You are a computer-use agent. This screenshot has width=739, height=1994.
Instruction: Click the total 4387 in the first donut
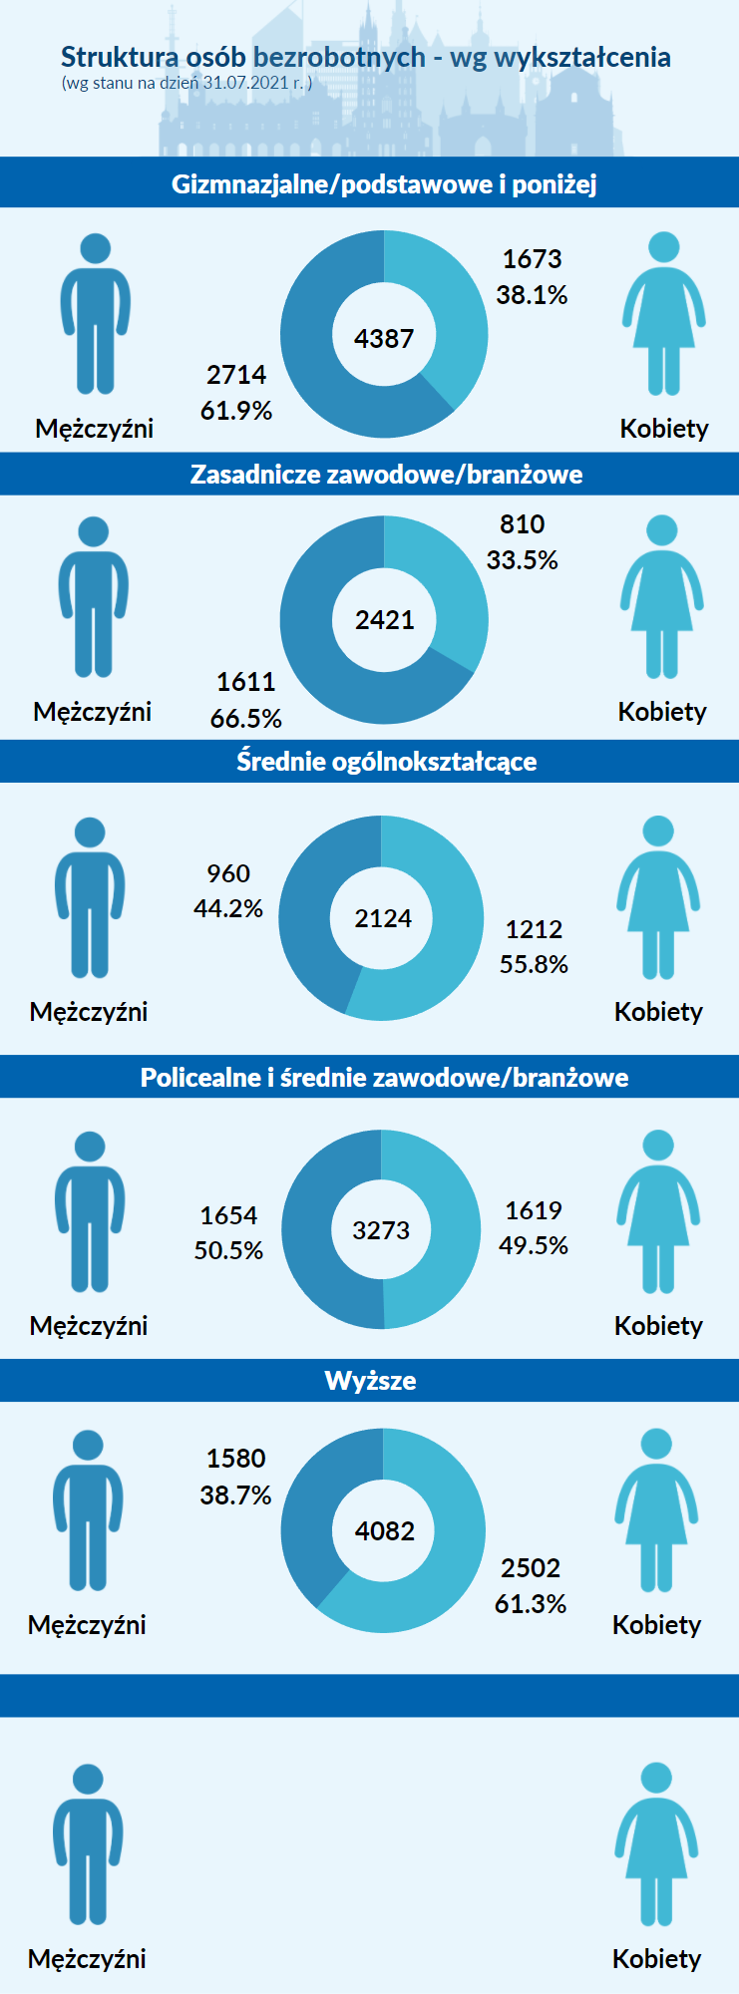tap(384, 338)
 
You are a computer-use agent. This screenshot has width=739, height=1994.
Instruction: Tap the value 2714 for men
tap(236, 375)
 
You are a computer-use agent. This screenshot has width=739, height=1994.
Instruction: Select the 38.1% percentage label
tap(532, 295)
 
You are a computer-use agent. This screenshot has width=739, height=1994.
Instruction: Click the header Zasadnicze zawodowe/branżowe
tap(386, 475)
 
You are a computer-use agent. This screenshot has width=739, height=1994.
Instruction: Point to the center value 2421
tap(385, 620)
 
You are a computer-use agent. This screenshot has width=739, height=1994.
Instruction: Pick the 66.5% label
tap(245, 718)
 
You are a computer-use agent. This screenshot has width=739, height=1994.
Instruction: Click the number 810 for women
tap(522, 524)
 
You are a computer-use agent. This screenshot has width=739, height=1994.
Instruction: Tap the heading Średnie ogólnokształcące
tap(386, 762)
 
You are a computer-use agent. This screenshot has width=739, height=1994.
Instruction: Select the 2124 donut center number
tap(383, 918)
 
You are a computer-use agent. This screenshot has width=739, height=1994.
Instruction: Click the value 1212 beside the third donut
tap(534, 929)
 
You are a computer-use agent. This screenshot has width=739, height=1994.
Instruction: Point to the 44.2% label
tap(228, 908)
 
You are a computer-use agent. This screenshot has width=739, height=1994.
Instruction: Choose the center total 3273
tap(381, 1230)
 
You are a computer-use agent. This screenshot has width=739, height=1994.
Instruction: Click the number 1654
tap(228, 1215)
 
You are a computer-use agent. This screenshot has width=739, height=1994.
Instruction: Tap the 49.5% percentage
tap(534, 1245)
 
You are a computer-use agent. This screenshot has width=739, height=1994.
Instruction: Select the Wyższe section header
tap(370, 1381)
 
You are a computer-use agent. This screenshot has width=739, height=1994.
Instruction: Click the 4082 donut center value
tap(385, 1530)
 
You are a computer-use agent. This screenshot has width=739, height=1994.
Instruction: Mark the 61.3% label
tap(531, 1603)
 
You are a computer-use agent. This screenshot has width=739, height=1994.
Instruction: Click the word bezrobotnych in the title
tap(339, 58)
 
